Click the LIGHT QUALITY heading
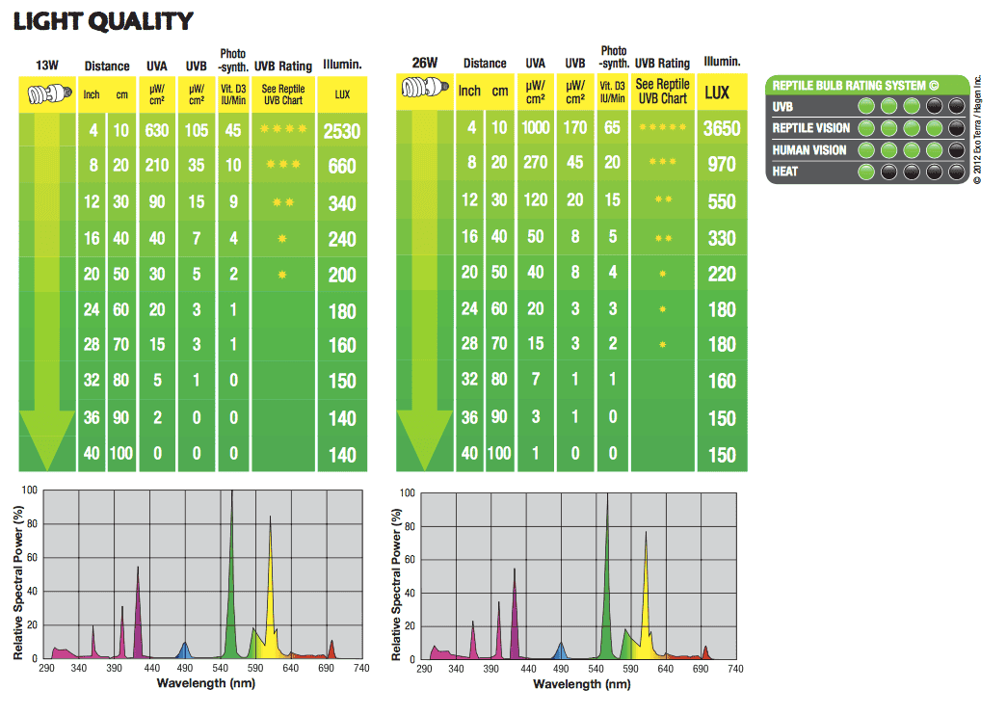(103, 20)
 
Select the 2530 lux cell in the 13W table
(342, 130)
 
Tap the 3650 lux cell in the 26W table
(722, 128)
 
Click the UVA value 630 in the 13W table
(157, 130)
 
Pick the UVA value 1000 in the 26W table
(535, 128)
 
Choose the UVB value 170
(575, 128)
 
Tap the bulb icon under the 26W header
(425, 93)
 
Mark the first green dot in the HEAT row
(865, 172)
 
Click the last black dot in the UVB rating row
(955, 107)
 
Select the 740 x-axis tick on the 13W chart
(361, 668)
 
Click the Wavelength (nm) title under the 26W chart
(581, 684)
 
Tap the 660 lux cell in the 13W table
(342, 167)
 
